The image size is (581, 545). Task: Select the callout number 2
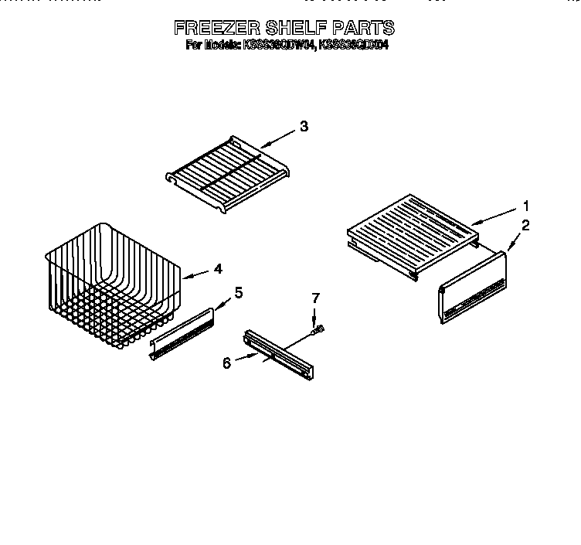pyautogui.click(x=525, y=226)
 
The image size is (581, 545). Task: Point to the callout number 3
pyautogui.click(x=304, y=128)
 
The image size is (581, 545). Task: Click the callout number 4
pyautogui.click(x=219, y=269)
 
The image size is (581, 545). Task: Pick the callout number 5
pyautogui.click(x=238, y=292)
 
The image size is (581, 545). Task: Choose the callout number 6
pyautogui.click(x=226, y=362)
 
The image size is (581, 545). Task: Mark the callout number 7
pyautogui.click(x=314, y=298)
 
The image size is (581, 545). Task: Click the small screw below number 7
pyautogui.click(x=317, y=329)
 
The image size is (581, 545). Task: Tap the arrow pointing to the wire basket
pyautogui.click(x=195, y=273)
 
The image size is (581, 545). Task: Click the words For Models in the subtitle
pyautogui.click(x=212, y=46)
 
